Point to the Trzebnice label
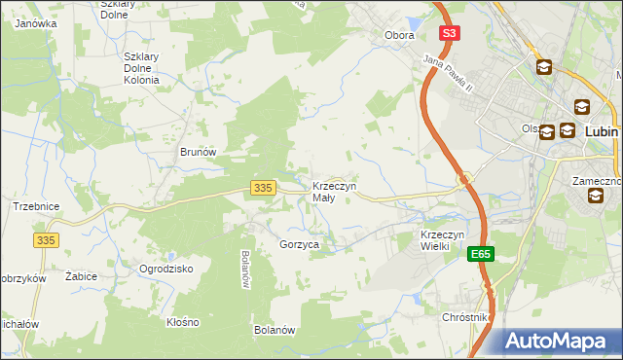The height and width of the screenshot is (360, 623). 36,206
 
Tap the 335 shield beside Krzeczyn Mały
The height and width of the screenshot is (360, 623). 261,188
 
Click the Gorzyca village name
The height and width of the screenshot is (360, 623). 300,245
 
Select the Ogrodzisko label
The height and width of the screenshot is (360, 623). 166,269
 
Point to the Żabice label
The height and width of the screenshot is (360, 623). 81,276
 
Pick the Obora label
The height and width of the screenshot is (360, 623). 399,36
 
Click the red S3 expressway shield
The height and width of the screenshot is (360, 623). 448,33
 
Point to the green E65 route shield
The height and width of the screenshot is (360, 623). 480,254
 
